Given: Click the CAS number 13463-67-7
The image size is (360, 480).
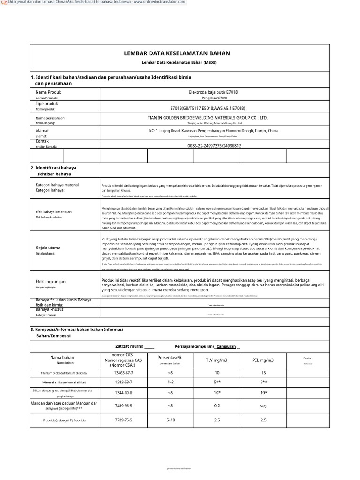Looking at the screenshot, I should [123, 373].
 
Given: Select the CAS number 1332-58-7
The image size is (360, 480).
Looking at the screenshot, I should [123, 382].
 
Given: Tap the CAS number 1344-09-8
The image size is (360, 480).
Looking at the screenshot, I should [123, 393].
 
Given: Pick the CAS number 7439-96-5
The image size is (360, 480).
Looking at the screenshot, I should [123, 406].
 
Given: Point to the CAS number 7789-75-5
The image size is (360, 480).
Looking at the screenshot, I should [123, 420].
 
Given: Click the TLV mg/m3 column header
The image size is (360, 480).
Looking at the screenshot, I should [217, 360].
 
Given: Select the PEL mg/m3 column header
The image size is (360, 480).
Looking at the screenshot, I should [263, 360].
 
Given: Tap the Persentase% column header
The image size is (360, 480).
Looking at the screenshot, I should [170, 358].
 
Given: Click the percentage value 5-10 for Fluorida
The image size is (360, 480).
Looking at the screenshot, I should [171, 420].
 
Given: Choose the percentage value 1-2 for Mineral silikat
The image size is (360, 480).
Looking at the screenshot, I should [170, 382].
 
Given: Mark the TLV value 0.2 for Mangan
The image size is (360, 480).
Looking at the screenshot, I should [217, 406].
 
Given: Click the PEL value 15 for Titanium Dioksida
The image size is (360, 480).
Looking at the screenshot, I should [263, 373].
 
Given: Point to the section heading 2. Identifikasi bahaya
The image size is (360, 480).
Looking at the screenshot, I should [53, 167].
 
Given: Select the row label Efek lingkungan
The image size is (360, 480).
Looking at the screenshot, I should [51, 281].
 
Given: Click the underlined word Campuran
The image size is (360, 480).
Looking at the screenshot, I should [226, 346].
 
